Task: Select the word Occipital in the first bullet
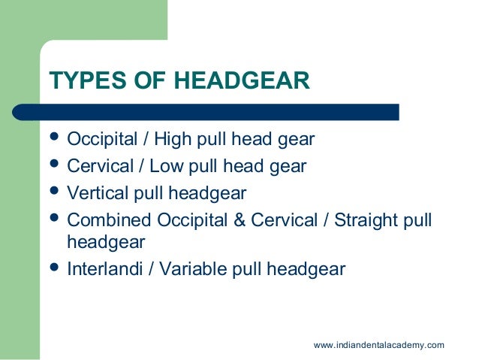(x=98, y=140)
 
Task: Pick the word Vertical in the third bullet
(x=95, y=193)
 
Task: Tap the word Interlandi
(x=104, y=268)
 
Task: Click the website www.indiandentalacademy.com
(x=378, y=345)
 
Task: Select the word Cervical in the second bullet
(x=96, y=166)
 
